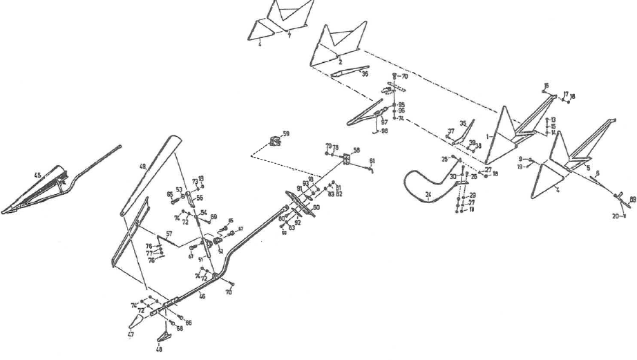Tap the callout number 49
[x=143, y=166]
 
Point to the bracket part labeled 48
[x=162, y=337]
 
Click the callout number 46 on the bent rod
[x=202, y=296]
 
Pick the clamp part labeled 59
[x=276, y=142]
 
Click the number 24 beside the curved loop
[x=428, y=195]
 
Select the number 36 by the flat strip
[x=365, y=74]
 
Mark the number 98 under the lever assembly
[x=384, y=131]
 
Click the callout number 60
[x=316, y=207]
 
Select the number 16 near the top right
[x=546, y=86]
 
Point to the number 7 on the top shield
[x=289, y=35]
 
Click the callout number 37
[x=450, y=131]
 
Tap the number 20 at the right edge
[x=615, y=216]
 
